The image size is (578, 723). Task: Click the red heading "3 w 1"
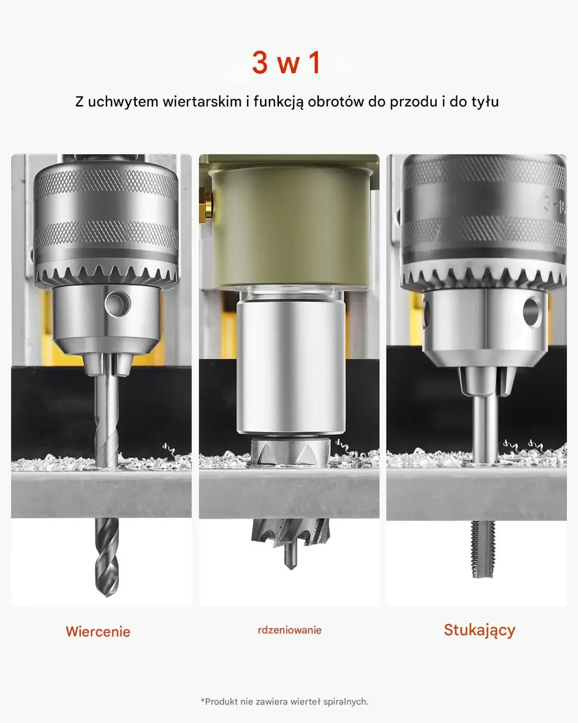click(286, 63)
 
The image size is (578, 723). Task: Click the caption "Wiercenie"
click(98, 631)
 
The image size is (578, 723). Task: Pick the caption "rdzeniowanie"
click(289, 630)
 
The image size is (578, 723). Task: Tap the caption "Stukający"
click(479, 630)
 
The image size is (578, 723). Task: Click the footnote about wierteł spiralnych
click(285, 701)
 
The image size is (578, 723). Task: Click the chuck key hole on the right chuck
click(531, 311)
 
